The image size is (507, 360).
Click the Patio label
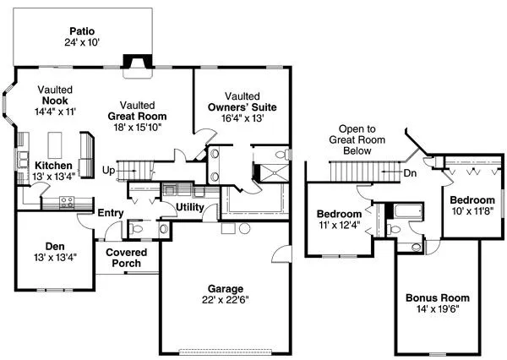tap(82, 16)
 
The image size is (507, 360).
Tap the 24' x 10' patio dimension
tap(82, 28)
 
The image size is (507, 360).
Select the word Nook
tap(55, 100)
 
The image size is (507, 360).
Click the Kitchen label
tap(52, 165)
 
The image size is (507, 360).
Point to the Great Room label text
tap(137, 116)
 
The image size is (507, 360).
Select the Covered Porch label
tap(127, 259)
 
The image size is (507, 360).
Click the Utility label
tap(190, 207)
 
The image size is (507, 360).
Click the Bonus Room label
tap(437, 298)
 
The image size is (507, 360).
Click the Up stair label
tap(108, 171)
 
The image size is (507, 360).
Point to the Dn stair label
tap(409, 172)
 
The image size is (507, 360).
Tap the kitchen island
tap(58, 139)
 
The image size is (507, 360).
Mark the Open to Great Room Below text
tap(352, 139)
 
